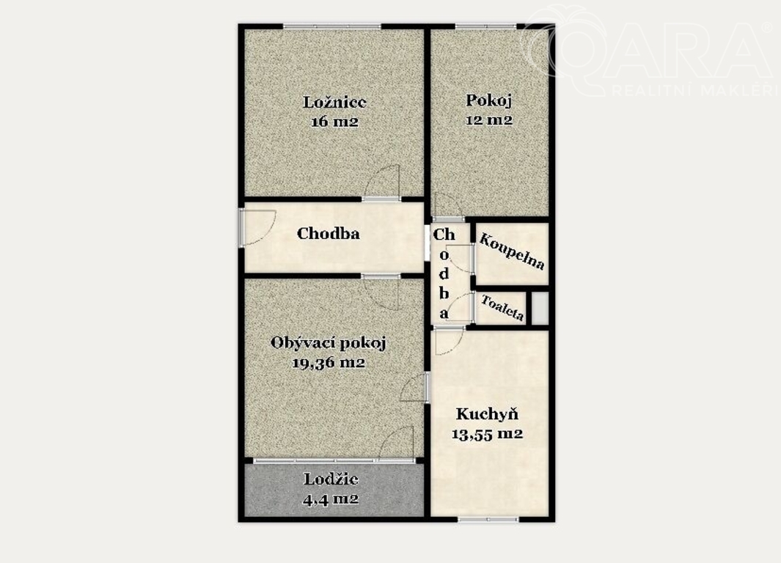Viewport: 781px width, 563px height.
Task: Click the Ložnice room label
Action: (x=334, y=102)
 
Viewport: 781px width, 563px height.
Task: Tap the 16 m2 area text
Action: (x=334, y=122)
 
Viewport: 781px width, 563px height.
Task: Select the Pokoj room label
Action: (x=489, y=100)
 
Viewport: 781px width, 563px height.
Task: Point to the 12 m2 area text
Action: (x=489, y=120)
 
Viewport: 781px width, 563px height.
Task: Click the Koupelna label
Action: (x=512, y=251)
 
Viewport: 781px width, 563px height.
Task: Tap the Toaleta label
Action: (x=502, y=308)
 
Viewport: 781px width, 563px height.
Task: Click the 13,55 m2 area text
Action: (x=487, y=434)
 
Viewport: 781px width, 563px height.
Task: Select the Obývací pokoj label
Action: (x=329, y=343)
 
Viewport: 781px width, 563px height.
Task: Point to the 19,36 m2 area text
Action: (x=329, y=363)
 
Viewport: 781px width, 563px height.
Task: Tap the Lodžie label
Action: (x=331, y=479)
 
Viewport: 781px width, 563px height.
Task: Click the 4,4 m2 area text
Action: (x=331, y=498)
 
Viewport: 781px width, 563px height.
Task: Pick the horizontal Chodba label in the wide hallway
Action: (x=329, y=233)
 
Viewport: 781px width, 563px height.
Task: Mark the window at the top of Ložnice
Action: (x=332, y=26)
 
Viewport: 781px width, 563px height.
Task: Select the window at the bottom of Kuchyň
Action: (x=488, y=519)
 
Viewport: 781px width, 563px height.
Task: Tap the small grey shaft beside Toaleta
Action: (x=540, y=308)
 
